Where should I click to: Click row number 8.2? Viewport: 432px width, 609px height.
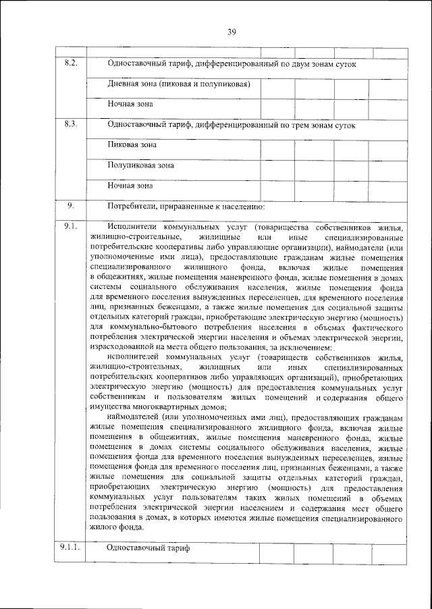pos(71,63)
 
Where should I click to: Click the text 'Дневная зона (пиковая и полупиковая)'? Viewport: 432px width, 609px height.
pos(180,84)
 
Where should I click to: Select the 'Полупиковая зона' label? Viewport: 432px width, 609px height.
pos(141,165)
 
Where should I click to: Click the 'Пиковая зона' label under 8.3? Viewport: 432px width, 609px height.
pos(132,144)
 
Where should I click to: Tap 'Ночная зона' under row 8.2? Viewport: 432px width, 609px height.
pos(130,105)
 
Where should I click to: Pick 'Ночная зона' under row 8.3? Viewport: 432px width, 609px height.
pos(130,185)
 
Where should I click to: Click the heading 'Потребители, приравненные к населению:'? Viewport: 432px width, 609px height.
pos(186,206)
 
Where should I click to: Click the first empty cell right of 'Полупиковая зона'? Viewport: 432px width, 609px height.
pos(276,165)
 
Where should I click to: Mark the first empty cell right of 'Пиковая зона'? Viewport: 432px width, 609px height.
pos(276,144)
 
